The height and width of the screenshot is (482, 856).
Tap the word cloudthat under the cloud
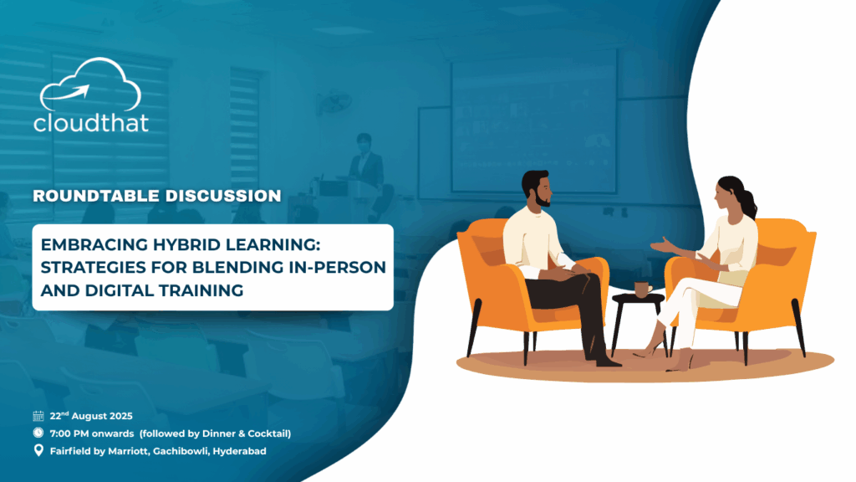(x=91, y=122)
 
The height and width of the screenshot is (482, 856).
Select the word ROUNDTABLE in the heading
(x=96, y=196)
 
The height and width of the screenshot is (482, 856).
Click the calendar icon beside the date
(x=38, y=416)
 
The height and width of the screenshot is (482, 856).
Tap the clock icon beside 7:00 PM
(x=38, y=433)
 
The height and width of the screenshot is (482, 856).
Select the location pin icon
(x=38, y=450)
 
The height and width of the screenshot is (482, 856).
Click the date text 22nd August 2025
(x=91, y=416)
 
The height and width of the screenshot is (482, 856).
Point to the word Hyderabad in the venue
(x=240, y=451)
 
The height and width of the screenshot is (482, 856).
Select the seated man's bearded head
(x=537, y=188)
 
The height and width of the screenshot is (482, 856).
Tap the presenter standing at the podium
(x=364, y=162)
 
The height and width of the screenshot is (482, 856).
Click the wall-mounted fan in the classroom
(x=334, y=101)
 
